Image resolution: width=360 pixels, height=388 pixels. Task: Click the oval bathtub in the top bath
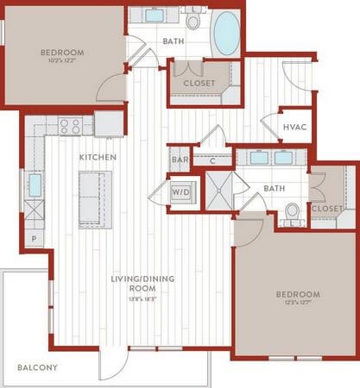point(226,34)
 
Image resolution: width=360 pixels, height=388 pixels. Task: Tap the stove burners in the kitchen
point(70,125)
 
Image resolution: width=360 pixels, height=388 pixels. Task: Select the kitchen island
point(95,197)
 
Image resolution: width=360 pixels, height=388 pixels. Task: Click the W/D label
point(181,191)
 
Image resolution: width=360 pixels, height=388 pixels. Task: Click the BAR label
point(180,160)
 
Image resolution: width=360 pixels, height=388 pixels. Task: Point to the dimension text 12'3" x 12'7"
point(298,303)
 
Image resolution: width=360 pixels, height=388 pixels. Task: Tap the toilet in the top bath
point(193,20)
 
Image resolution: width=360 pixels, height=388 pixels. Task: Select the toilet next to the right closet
point(294,212)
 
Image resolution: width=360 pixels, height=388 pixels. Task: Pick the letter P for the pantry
point(34,236)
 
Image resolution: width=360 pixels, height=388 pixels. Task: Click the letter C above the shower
point(212,160)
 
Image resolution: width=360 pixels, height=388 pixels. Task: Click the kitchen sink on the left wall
point(35,185)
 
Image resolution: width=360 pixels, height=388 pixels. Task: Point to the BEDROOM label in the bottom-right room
point(298,294)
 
